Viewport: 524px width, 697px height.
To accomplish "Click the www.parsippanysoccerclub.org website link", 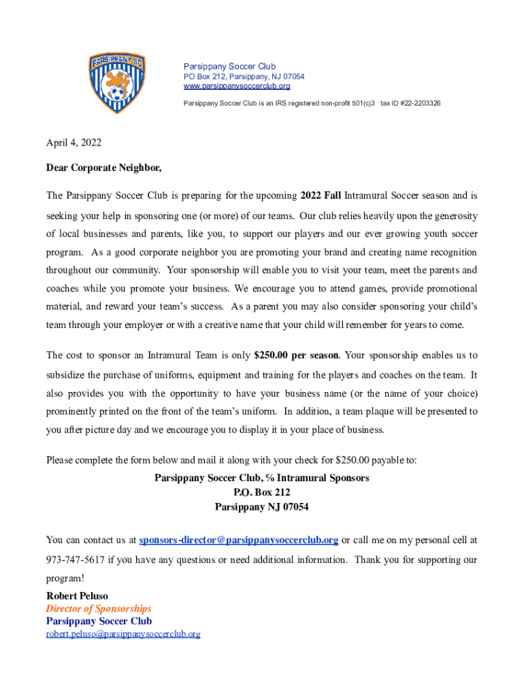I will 237,86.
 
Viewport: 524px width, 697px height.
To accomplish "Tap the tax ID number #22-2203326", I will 410,103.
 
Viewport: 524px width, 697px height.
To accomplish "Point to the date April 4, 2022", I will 73,143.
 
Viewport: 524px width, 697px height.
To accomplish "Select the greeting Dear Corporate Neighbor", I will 104,167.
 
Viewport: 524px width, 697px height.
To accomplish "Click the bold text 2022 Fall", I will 321,196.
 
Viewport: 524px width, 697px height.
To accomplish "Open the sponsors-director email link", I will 238,540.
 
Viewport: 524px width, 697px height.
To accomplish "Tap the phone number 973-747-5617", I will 75,560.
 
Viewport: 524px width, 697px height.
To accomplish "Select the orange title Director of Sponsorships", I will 99,609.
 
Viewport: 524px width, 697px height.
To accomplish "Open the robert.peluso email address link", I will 123,634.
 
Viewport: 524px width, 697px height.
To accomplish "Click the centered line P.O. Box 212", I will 261,492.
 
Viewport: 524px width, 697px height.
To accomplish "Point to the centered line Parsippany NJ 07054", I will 261,507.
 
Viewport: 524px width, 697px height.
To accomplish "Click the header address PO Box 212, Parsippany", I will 244,77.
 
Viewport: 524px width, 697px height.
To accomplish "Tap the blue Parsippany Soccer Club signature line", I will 99,621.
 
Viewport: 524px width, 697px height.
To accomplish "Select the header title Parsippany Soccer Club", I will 229,67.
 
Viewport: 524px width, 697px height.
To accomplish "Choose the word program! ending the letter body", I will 65,579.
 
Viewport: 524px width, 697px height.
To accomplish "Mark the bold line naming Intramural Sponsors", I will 261,478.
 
